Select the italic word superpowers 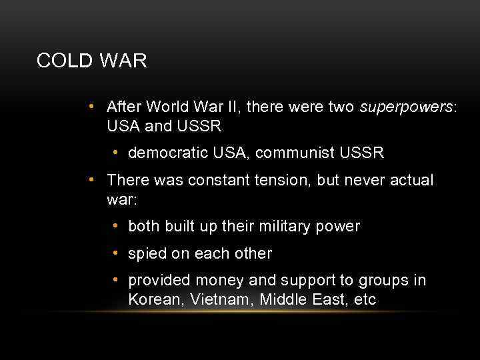(x=407, y=107)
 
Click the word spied (x=147, y=254)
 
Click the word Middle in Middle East (x=283, y=300)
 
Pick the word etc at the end (x=365, y=300)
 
